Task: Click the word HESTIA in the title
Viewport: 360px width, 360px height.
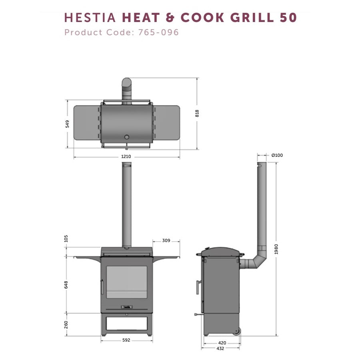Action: point(90,18)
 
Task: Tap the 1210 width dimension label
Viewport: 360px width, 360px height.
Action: point(126,157)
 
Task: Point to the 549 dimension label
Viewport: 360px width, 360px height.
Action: point(67,124)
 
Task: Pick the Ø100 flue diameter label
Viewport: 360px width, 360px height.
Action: point(277,155)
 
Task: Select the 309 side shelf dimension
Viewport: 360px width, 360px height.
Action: point(166,241)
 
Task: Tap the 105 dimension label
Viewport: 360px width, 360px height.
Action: point(66,239)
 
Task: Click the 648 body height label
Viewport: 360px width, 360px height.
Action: point(66,284)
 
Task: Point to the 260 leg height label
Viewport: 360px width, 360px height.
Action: point(66,324)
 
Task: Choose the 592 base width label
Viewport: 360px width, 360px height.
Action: point(126,340)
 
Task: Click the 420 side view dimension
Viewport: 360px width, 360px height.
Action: point(222,343)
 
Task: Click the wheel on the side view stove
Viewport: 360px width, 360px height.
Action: point(237,331)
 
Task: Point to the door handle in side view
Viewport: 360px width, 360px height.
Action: point(197,287)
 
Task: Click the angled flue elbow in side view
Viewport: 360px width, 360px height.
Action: point(256,260)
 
